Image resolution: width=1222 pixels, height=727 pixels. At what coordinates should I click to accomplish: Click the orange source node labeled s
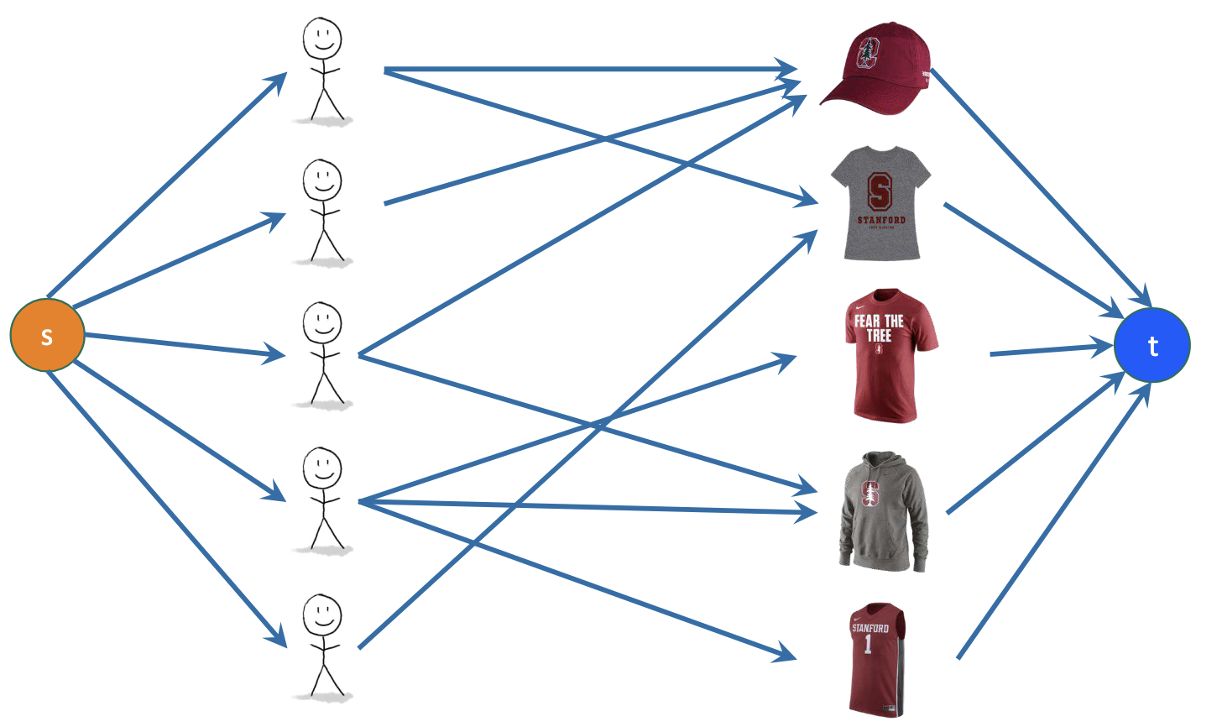(x=47, y=335)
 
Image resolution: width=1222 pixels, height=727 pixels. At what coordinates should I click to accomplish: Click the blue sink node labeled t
(x=1151, y=345)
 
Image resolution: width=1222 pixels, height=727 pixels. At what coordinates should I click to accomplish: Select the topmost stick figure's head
(x=322, y=39)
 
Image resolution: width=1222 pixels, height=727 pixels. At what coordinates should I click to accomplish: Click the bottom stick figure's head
(x=322, y=615)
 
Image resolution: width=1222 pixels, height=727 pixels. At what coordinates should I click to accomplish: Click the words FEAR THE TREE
(x=879, y=327)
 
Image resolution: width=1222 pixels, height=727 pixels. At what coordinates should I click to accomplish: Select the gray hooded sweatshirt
(x=882, y=512)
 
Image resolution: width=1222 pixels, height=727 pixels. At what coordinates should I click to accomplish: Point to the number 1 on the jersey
(x=868, y=645)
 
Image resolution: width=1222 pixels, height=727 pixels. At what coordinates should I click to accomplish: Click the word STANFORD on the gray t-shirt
(x=881, y=220)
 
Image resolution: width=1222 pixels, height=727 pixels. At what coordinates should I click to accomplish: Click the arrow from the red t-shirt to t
(x=1049, y=349)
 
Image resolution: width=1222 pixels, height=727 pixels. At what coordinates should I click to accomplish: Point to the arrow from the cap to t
(x=1041, y=185)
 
